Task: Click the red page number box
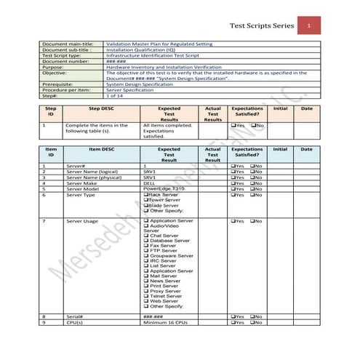(309, 27)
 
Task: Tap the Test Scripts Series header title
(262, 27)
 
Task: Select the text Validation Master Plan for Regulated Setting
(160, 44)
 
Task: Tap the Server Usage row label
(82, 220)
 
